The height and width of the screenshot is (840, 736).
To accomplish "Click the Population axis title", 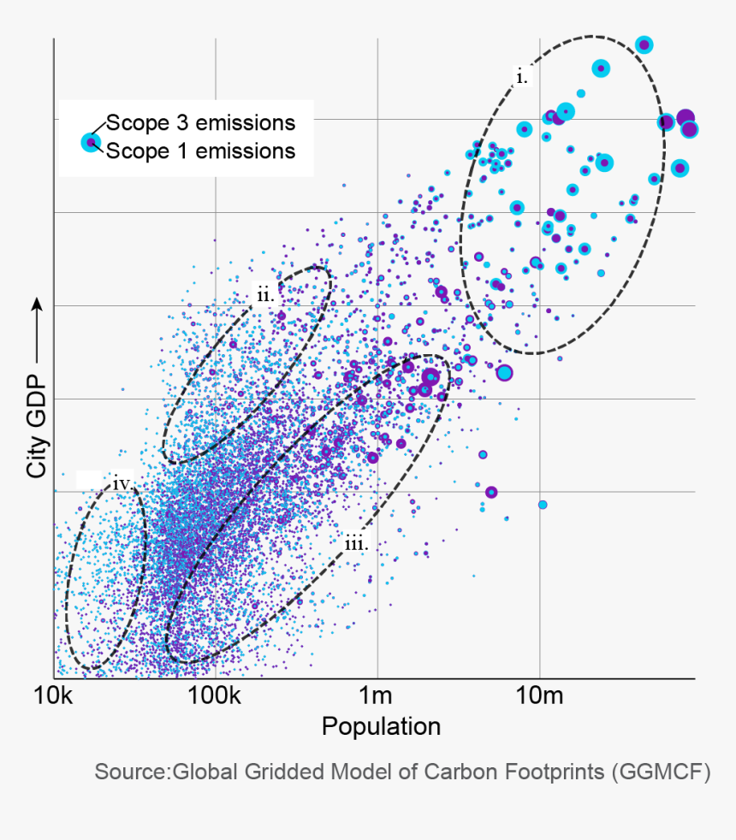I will tap(381, 727).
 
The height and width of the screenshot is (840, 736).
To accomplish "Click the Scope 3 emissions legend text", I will tap(200, 122).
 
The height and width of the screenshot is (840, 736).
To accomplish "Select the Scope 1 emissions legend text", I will tap(200, 151).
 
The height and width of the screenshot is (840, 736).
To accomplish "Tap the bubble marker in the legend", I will tap(90, 142).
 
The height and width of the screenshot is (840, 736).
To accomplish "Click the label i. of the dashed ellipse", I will tap(522, 77).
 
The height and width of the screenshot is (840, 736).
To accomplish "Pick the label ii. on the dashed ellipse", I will tap(264, 296).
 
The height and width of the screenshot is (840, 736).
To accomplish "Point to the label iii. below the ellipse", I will tap(356, 543).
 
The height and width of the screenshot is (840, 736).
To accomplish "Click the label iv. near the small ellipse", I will tap(122, 484).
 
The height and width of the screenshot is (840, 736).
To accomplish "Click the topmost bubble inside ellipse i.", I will tap(644, 44).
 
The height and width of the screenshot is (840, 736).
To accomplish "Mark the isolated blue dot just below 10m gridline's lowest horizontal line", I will tap(542, 505).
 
